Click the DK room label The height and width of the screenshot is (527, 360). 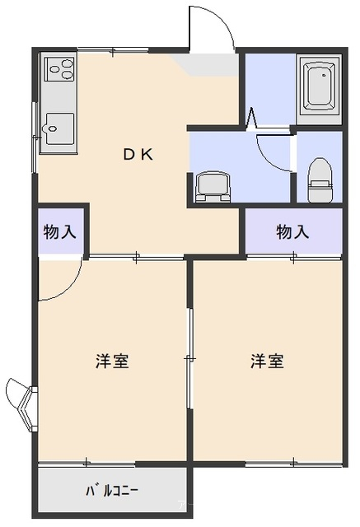(x=138, y=154)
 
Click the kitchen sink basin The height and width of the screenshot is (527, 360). (x=59, y=128)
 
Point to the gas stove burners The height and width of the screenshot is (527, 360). (x=60, y=69)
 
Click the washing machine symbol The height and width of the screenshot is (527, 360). (x=213, y=187)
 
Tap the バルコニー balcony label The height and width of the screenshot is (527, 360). (x=111, y=492)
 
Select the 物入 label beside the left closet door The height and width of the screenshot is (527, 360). (x=60, y=232)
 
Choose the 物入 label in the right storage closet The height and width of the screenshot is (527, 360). (x=292, y=232)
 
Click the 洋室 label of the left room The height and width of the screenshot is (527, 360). (x=112, y=361)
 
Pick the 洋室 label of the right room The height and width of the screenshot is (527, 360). (x=267, y=361)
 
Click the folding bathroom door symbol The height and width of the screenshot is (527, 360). (x=252, y=119)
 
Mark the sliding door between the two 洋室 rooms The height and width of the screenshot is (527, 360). (x=190, y=359)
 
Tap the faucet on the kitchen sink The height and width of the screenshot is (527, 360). (x=49, y=128)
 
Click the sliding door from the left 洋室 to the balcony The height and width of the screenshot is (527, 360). (x=86, y=463)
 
